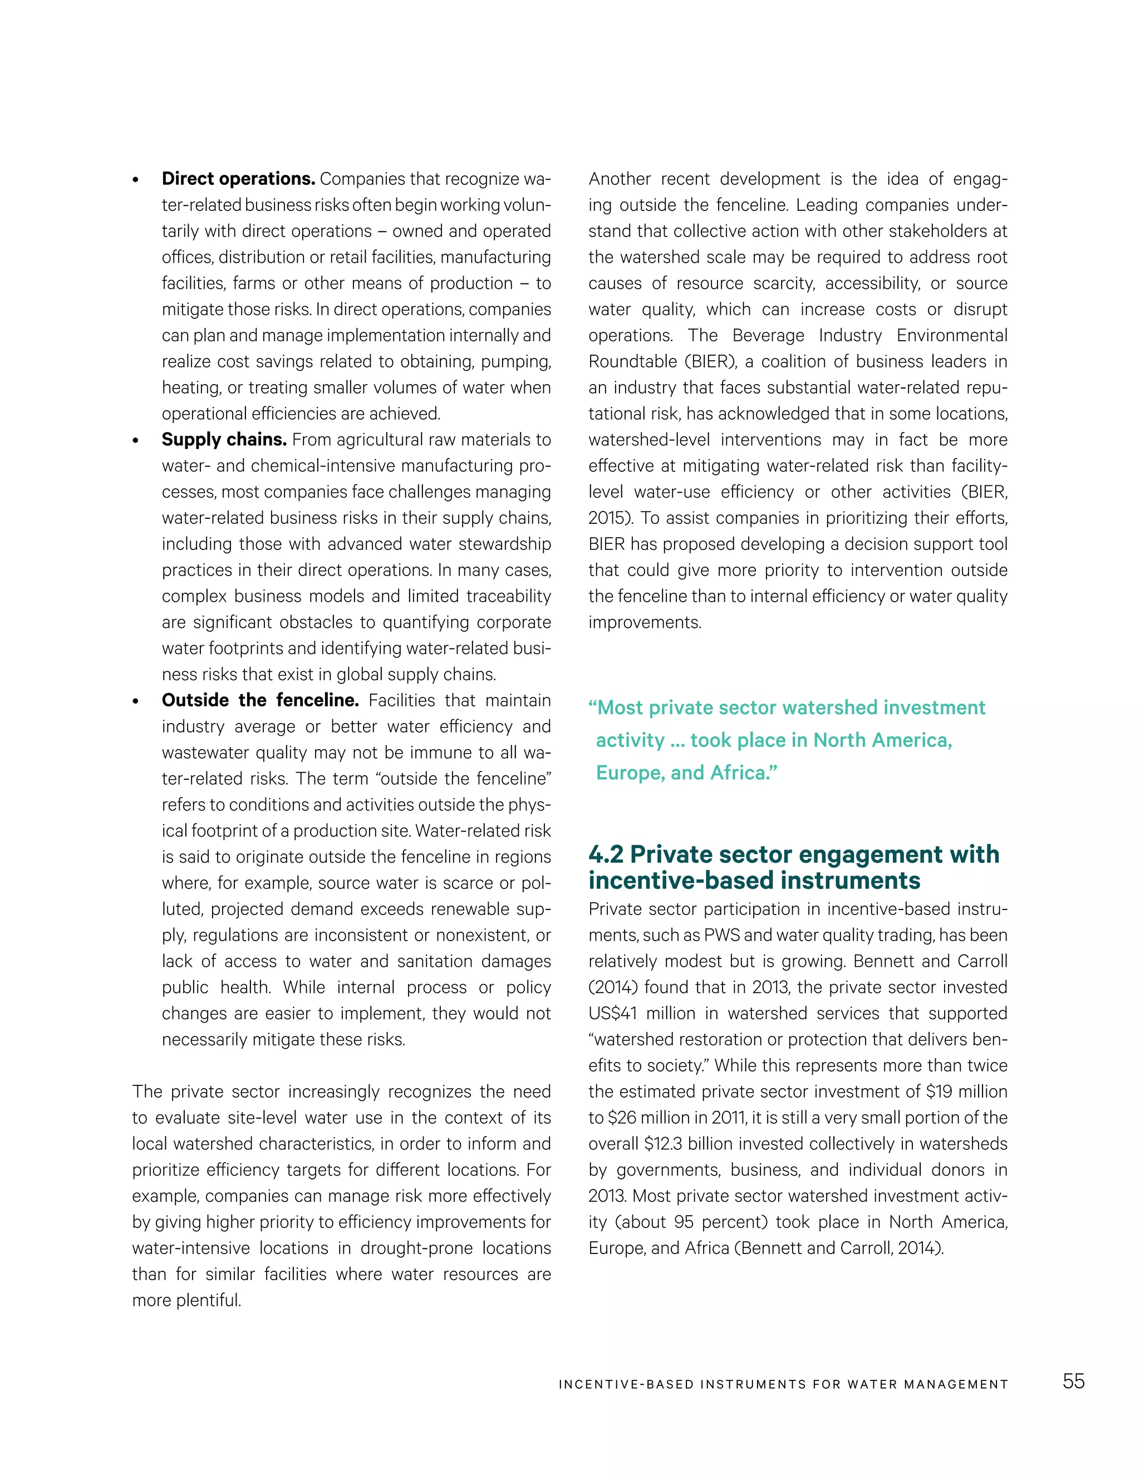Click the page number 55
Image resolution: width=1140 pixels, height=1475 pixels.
coord(1073,1381)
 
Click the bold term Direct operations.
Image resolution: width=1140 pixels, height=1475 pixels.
coord(238,179)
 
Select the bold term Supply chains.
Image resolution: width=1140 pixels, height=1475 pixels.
coord(224,440)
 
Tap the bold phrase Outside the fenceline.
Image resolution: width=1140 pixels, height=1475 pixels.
coord(260,700)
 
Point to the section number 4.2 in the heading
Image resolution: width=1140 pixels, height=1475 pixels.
coord(605,854)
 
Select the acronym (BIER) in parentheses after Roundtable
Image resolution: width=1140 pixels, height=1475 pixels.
coord(710,362)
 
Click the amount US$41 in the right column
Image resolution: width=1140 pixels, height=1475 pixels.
coord(612,1013)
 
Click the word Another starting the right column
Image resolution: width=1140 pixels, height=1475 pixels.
coord(620,179)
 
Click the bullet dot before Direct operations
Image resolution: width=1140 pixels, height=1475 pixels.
coord(136,181)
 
